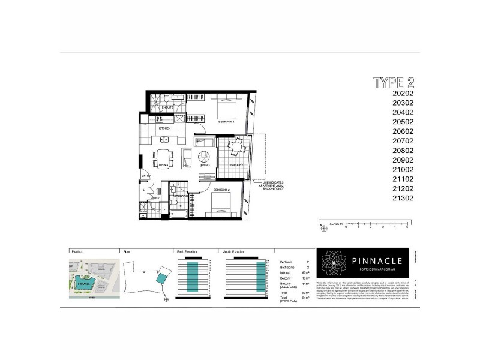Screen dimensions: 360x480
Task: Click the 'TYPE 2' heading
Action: pyautogui.click(x=394, y=82)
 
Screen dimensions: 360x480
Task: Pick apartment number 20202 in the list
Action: pyautogui.click(x=403, y=93)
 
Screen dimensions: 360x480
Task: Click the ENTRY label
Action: pyautogui.click(x=146, y=176)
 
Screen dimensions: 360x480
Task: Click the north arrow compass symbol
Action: pyautogui.click(x=166, y=299)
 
